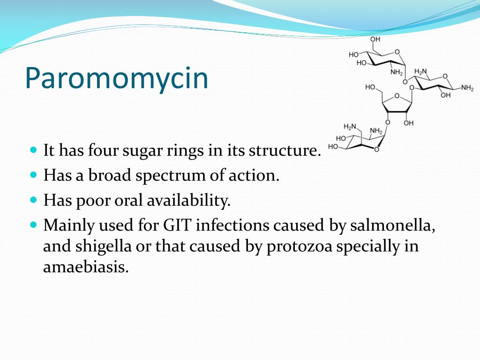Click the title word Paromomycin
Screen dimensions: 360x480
(116, 79)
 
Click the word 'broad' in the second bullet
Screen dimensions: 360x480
(111, 176)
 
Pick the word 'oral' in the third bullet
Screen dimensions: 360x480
(127, 201)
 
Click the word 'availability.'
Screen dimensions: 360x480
(189, 201)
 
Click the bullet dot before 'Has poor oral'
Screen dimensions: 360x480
(33, 199)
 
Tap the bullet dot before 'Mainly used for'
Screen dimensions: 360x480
(33, 224)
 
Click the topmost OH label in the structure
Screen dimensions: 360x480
(375, 39)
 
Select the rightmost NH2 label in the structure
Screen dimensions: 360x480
(467, 88)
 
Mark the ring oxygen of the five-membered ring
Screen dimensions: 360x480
(397, 96)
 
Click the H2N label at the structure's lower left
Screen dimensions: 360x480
(350, 127)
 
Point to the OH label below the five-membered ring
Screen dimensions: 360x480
(408, 123)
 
